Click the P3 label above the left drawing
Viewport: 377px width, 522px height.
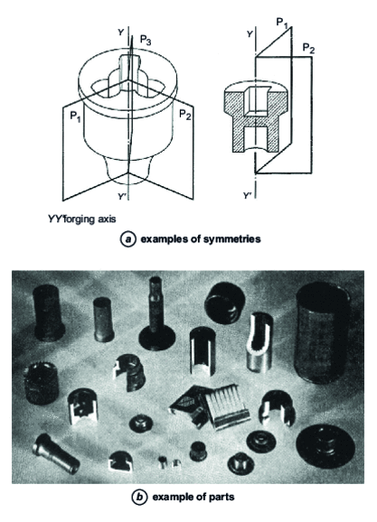[x=147, y=41]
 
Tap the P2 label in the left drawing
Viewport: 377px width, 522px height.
[x=186, y=114]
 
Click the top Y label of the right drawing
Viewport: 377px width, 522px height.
[x=248, y=34]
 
